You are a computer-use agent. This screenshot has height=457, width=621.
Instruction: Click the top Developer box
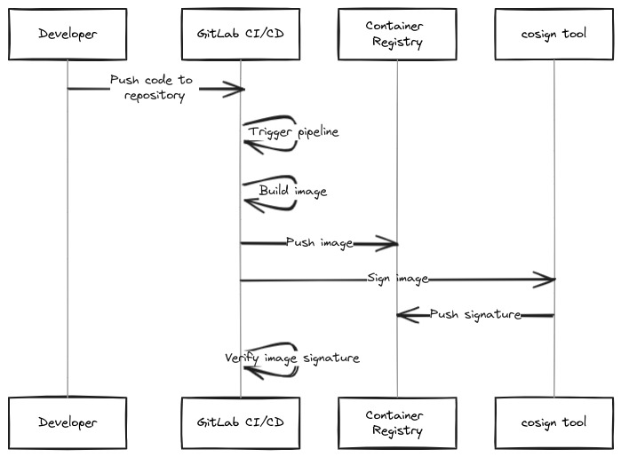click(68, 35)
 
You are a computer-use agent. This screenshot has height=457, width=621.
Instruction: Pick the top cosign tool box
click(553, 35)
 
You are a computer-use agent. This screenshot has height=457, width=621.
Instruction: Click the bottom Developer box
click(68, 422)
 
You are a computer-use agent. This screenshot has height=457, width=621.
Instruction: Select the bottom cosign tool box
click(553, 422)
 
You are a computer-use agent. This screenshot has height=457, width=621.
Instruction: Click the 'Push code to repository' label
click(151, 88)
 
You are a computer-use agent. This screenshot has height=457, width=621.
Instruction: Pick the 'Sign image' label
click(397, 279)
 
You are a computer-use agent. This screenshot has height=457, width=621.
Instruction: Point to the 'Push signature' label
click(474, 314)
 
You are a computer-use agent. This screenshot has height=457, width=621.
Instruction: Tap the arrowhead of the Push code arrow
click(236, 88)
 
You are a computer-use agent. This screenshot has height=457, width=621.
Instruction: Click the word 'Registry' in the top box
click(396, 43)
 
